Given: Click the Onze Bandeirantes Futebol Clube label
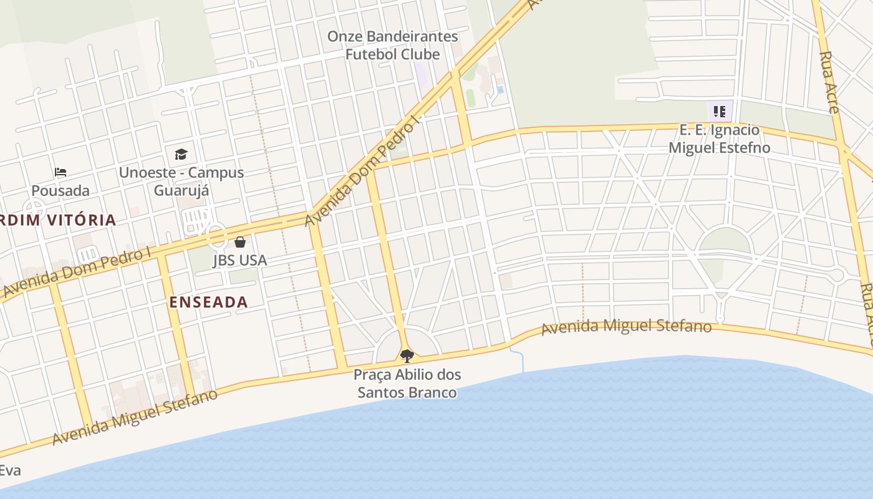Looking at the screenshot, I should pos(392,45).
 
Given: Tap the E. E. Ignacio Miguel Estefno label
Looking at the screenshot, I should pos(719,138).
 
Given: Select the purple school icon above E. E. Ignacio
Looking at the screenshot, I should pos(720,112).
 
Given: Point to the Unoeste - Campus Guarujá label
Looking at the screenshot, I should pos(181,181).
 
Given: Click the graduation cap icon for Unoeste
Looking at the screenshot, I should pos(181,153).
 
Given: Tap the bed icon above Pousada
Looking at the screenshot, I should pos(60,172).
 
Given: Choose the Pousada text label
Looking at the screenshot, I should pos(60,190).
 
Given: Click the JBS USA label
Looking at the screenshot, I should pos(240,260).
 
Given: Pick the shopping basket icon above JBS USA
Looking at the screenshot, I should pos(240,242).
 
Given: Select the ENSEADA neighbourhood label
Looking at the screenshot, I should pos(209,302).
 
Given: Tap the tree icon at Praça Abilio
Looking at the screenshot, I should pos(407,356).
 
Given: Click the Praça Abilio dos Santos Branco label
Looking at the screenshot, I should pos(407,383).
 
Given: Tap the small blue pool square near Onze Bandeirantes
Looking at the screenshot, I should pos(500,90).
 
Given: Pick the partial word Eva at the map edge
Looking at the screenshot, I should pos(11,470).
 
